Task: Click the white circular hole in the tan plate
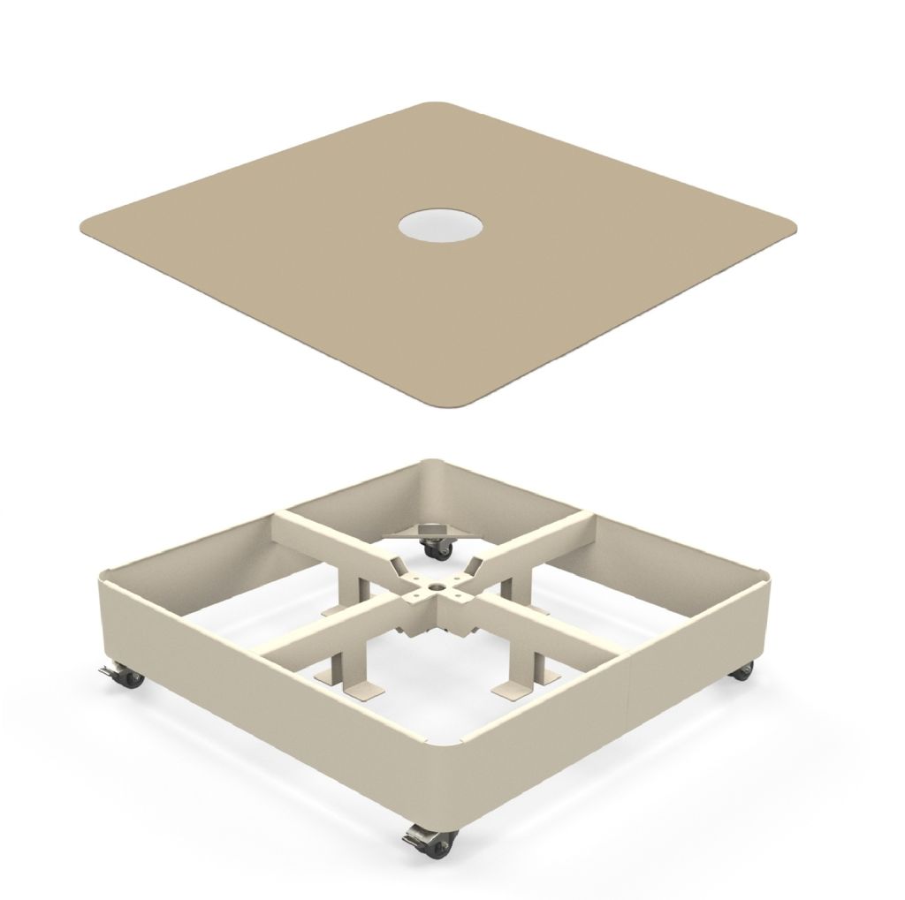click(440, 226)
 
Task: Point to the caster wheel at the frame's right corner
click(742, 671)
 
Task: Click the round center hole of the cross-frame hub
click(436, 584)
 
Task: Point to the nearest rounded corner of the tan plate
click(452, 403)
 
